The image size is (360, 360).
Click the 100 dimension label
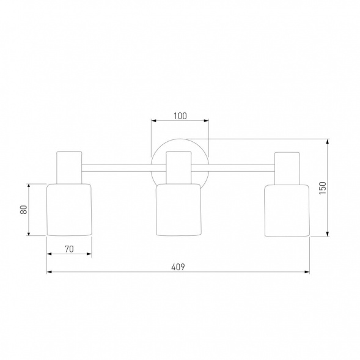point(180,116)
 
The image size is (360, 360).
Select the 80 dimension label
point(24,210)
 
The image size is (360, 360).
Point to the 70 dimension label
point(69,249)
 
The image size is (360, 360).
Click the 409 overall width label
point(178,267)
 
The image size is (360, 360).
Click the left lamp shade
point(69,210)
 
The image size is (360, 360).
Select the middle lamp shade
point(178,210)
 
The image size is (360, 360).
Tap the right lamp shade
point(287,210)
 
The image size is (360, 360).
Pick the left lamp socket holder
point(69,167)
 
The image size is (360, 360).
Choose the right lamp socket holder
point(287,168)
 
